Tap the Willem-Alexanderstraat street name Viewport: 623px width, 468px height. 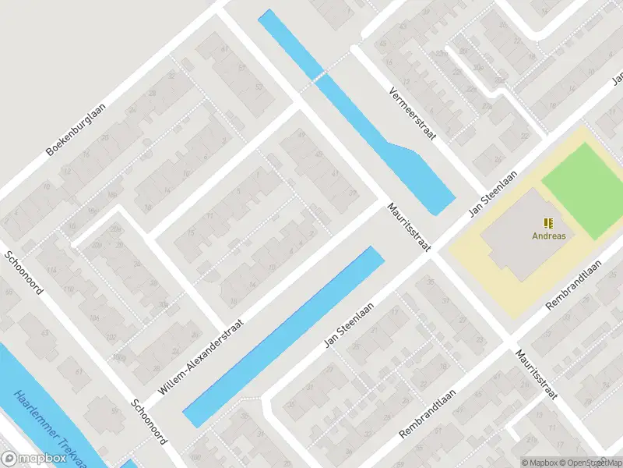(x=201, y=354)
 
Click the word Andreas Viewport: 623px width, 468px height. (x=548, y=235)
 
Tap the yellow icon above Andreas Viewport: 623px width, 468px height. (x=548, y=222)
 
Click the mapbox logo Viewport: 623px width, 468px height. (x=33, y=459)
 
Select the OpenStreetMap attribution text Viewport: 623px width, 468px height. (x=592, y=462)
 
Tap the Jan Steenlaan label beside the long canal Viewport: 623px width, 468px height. (x=349, y=326)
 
